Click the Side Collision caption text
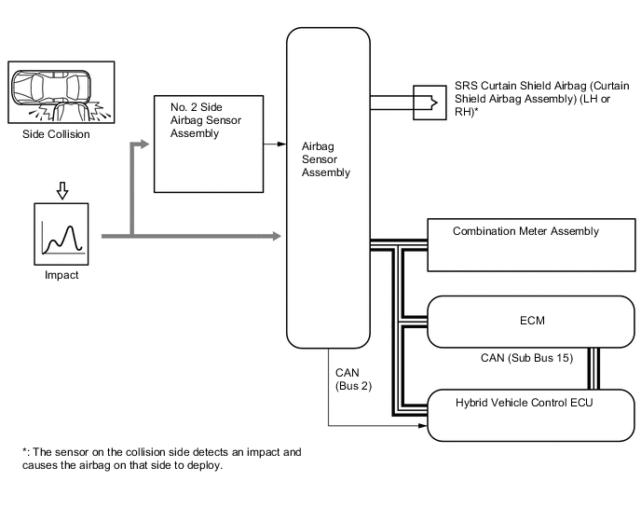pos(56,134)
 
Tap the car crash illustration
pos(61,92)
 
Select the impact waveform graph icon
pos(61,234)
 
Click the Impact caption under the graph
pos(61,275)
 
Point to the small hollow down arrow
pos(62,191)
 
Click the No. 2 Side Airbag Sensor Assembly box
pos(209,144)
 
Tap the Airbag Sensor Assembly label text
pos(326,159)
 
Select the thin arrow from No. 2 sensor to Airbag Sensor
pos(275,144)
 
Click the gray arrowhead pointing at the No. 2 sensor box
pos(144,144)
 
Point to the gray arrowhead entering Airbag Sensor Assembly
pos(277,236)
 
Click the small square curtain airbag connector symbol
pos(430,103)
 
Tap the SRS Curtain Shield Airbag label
pos(541,99)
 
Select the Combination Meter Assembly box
pos(531,245)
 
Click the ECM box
pos(531,322)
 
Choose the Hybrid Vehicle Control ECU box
pos(531,415)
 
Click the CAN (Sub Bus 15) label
pos(526,358)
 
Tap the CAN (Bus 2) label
pos(354,379)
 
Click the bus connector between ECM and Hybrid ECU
pos(593,368)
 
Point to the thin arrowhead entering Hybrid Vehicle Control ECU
pos(423,426)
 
